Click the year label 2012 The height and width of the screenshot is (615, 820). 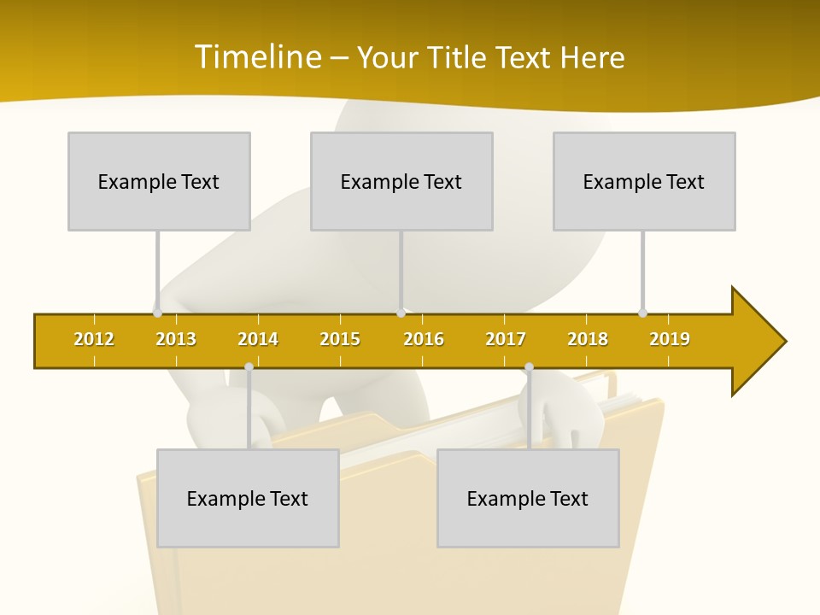point(94,339)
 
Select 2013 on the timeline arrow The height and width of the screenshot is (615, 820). point(176,339)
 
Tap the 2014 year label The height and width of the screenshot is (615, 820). point(258,339)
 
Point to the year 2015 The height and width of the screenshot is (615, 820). point(340,339)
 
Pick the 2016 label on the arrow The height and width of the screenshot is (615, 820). point(424,339)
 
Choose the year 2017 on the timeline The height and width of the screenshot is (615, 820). point(506,339)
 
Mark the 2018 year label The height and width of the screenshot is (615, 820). point(588,339)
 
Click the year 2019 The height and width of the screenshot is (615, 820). point(670,339)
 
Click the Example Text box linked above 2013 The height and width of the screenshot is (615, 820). point(159,181)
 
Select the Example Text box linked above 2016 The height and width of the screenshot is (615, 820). point(401,181)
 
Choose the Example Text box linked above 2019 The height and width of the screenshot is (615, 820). point(644,181)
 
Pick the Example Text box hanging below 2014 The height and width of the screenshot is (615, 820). point(248,498)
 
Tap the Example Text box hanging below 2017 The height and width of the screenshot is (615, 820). point(528,498)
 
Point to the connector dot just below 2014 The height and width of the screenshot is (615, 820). point(249,367)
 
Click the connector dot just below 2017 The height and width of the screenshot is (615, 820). point(529,367)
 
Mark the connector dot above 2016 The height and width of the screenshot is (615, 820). point(401,313)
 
